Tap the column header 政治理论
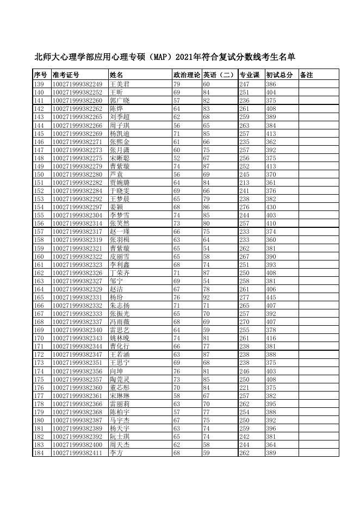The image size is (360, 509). (187, 75)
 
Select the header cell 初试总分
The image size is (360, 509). (280, 75)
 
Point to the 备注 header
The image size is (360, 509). (307, 75)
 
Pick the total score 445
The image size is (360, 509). (271, 297)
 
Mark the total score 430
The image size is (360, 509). (271, 207)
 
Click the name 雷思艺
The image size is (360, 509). (120, 330)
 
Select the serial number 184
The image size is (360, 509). (39, 453)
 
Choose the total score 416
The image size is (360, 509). (271, 338)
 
